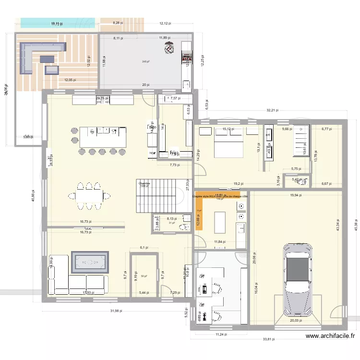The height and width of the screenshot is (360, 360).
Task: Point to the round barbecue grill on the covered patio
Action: click(x=169, y=48)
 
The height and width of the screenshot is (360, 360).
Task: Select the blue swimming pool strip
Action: click(x=58, y=22)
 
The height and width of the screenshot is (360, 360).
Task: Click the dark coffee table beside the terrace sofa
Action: click(x=48, y=59)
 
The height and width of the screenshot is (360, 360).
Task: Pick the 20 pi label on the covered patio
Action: click(x=146, y=84)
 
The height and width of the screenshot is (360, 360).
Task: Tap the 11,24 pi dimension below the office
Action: click(x=221, y=334)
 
